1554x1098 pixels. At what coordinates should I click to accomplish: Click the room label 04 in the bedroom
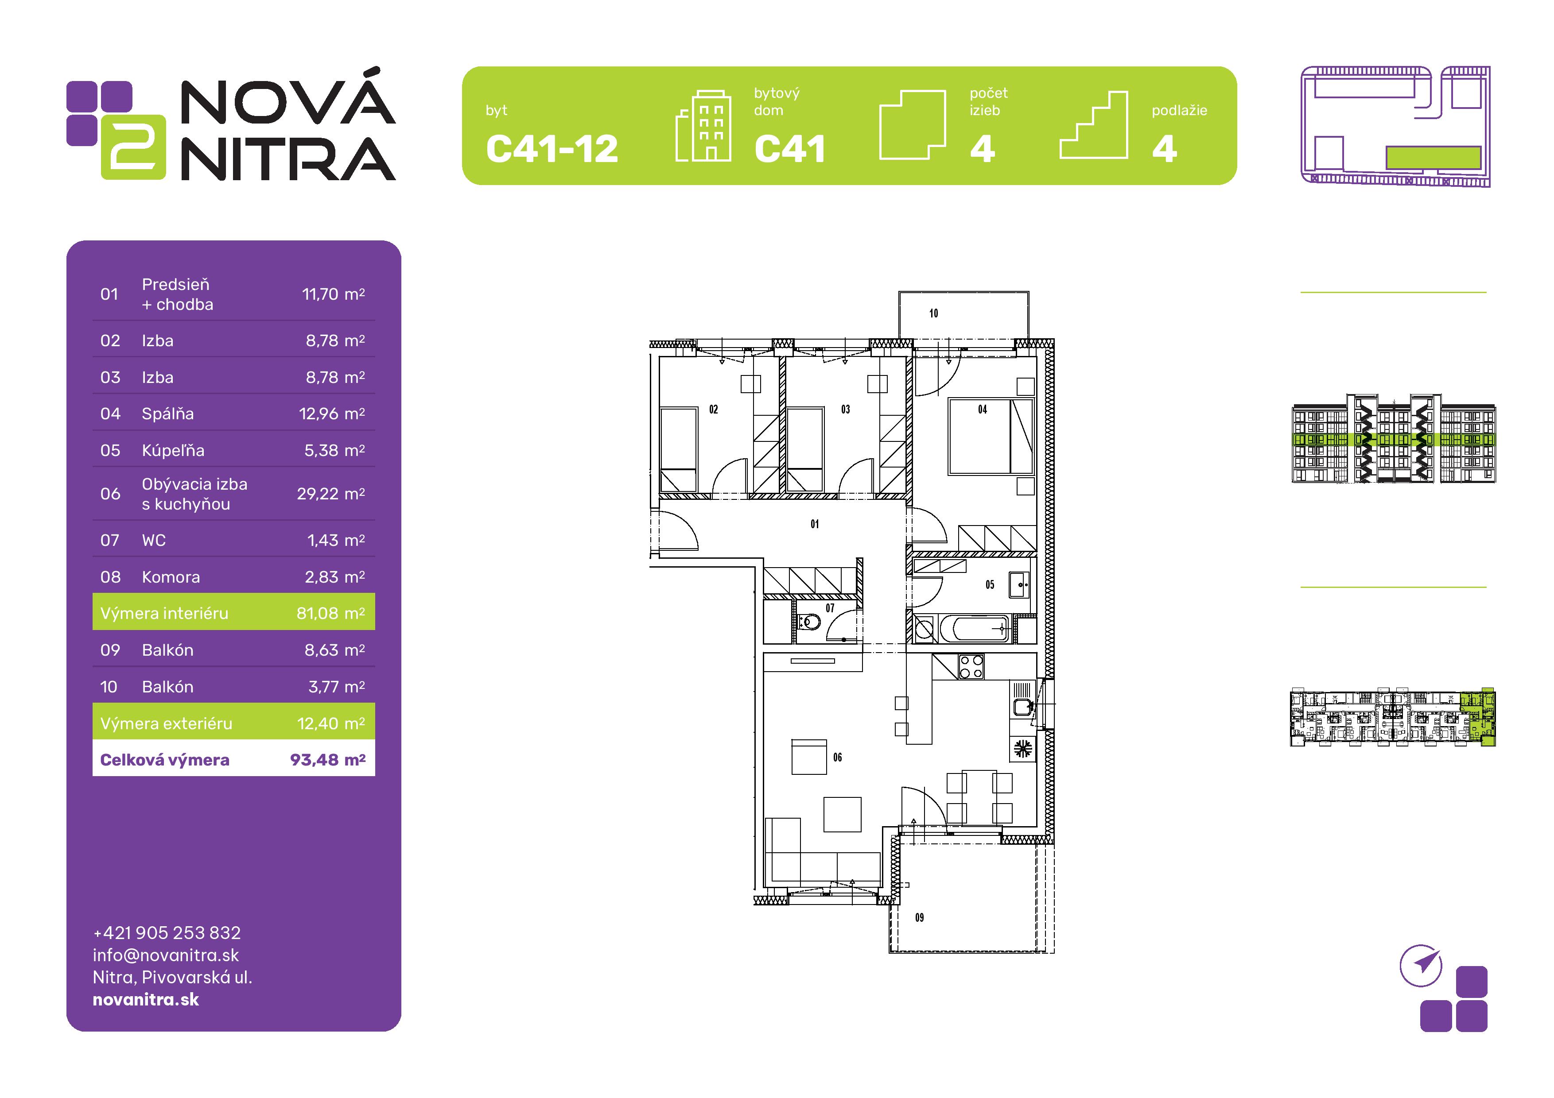tap(982, 409)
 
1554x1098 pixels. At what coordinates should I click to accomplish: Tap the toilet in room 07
tap(808, 621)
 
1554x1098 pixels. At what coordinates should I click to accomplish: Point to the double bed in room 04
tap(990, 437)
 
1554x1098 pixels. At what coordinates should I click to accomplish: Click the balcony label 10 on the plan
tap(933, 313)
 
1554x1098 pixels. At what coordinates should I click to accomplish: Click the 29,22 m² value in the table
tap(331, 494)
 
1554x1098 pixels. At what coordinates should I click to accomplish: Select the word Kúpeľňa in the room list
tap(173, 451)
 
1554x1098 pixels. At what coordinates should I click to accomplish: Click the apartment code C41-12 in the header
tap(552, 149)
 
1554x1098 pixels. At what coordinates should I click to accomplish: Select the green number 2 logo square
tap(133, 147)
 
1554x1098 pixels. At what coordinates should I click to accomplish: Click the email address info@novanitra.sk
tap(166, 955)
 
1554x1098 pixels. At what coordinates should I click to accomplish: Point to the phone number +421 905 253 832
tap(167, 933)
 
